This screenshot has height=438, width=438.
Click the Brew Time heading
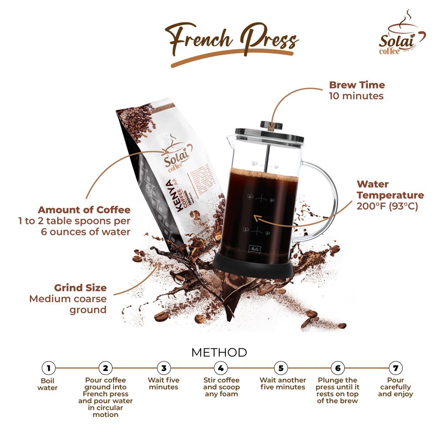(x=356, y=85)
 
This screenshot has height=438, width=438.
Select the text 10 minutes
(x=356, y=96)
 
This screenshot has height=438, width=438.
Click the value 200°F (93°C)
(x=387, y=206)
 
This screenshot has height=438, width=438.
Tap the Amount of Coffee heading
(x=84, y=210)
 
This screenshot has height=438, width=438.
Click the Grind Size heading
(x=80, y=288)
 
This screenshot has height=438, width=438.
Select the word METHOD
(x=219, y=352)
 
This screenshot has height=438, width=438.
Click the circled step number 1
(x=48, y=368)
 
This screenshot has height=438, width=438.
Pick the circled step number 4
(x=221, y=368)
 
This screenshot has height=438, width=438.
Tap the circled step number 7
(x=395, y=368)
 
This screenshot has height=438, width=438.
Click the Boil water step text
(x=47, y=384)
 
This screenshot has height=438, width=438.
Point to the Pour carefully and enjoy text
(x=395, y=387)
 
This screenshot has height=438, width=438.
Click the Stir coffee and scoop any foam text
(x=221, y=387)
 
